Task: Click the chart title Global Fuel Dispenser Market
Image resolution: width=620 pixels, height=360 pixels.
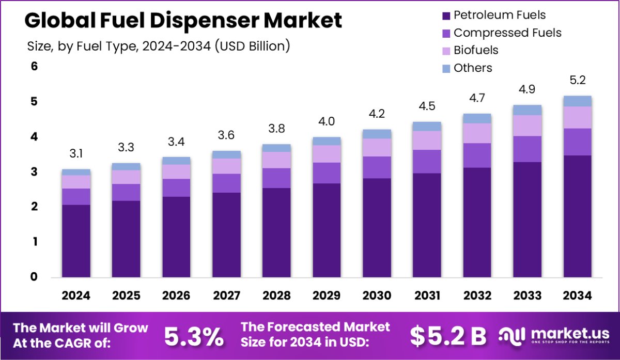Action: [x=183, y=21]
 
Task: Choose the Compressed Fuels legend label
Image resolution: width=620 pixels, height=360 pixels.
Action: [x=507, y=33]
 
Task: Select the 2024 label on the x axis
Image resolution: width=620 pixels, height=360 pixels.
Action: [x=76, y=295]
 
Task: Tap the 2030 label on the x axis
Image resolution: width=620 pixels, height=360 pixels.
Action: [x=377, y=295]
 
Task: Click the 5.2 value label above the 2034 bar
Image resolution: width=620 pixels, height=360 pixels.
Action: [x=577, y=81]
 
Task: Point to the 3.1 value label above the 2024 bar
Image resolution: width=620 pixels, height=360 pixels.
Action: [x=76, y=153]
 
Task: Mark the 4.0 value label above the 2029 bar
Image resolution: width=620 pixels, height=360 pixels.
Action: [x=327, y=121]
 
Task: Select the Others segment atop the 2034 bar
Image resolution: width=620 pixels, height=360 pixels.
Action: [x=577, y=101]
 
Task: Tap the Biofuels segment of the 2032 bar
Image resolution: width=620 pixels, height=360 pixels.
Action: [x=477, y=133]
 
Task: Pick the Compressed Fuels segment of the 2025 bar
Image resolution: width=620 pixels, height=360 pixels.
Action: [x=126, y=192]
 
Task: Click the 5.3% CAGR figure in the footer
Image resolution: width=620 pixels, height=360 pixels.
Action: [x=194, y=336]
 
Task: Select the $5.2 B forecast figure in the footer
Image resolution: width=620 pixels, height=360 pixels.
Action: [x=448, y=336]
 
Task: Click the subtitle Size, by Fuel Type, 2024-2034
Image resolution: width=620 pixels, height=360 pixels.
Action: [x=158, y=45]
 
